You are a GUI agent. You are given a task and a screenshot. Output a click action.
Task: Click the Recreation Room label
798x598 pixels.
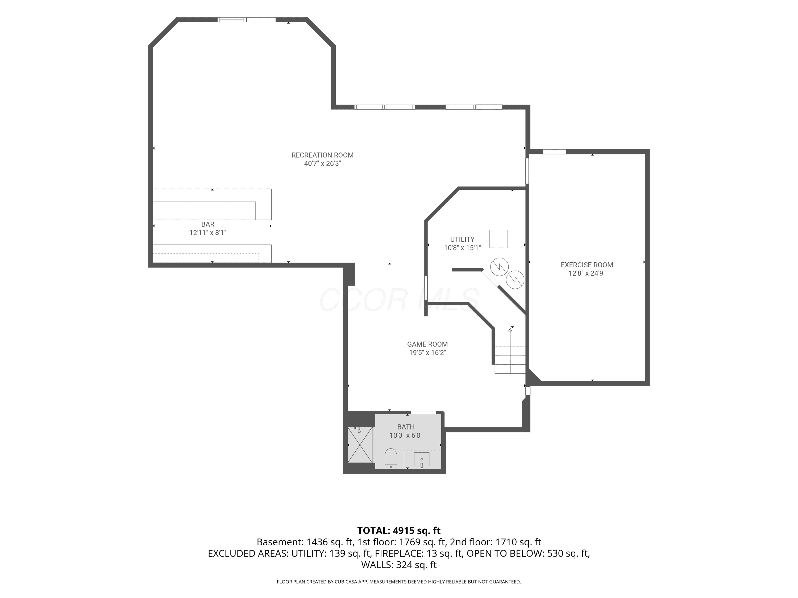pyautogui.click(x=322, y=155)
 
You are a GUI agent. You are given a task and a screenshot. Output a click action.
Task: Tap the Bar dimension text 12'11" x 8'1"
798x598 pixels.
pyautogui.click(x=208, y=233)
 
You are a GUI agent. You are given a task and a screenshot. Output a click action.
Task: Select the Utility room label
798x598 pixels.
pyautogui.click(x=462, y=239)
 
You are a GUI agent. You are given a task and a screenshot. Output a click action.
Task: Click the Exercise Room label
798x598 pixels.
pyautogui.click(x=587, y=265)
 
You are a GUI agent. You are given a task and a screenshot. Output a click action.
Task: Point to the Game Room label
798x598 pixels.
pyautogui.click(x=427, y=344)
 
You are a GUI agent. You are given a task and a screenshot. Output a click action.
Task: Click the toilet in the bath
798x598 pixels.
pyautogui.click(x=391, y=458)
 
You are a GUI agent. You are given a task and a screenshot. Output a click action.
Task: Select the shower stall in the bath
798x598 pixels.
pyautogui.click(x=360, y=444)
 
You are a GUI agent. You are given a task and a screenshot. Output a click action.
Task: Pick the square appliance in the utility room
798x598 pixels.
pyautogui.click(x=498, y=239)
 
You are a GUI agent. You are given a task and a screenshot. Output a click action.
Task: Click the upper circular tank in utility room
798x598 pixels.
pyautogui.click(x=499, y=267)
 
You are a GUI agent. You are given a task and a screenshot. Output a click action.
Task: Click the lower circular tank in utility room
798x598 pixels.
pyautogui.click(x=515, y=279)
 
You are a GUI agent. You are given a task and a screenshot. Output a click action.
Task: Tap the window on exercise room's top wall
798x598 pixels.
pyautogui.click(x=555, y=152)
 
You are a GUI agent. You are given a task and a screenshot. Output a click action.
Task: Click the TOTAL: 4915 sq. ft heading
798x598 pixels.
pyautogui.click(x=399, y=530)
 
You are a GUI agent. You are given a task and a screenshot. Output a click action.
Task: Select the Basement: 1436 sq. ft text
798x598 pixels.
pyautogui.click(x=305, y=542)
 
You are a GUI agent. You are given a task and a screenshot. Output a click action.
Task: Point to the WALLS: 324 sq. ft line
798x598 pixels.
pyautogui.click(x=399, y=565)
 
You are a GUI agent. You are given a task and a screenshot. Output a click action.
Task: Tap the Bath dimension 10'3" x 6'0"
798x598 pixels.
pyautogui.click(x=406, y=435)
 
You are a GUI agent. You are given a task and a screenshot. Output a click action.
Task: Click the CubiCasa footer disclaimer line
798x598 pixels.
pyautogui.click(x=399, y=582)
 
